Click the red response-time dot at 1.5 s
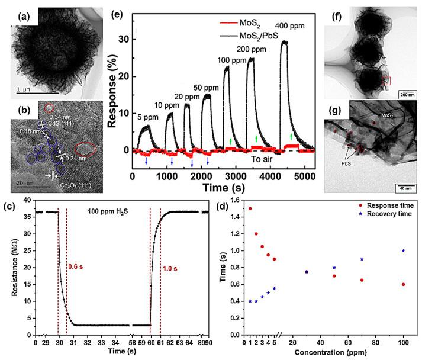click(250, 208)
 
